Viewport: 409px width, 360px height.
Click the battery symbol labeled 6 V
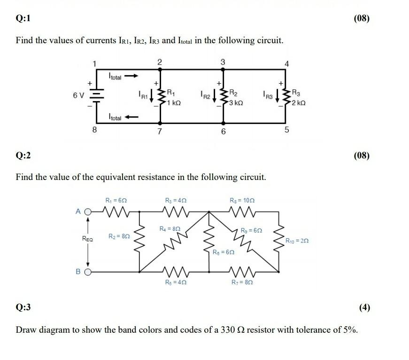tap(96, 96)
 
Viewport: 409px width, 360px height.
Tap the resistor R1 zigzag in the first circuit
tap(161, 96)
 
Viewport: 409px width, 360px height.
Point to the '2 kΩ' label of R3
tap(299, 102)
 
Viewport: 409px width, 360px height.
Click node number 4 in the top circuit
tap(287, 63)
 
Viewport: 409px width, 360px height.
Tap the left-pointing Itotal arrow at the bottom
tap(132, 117)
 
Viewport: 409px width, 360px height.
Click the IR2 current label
tap(205, 96)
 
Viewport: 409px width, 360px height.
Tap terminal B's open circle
tap(87, 272)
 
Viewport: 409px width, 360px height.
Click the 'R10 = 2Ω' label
tap(297, 241)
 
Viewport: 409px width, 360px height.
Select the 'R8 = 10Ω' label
tap(242, 200)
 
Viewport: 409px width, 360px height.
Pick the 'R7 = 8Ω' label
tap(242, 282)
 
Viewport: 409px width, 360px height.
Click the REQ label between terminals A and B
tap(87, 239)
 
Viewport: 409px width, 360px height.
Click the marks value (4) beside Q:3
tap(364, 308)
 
